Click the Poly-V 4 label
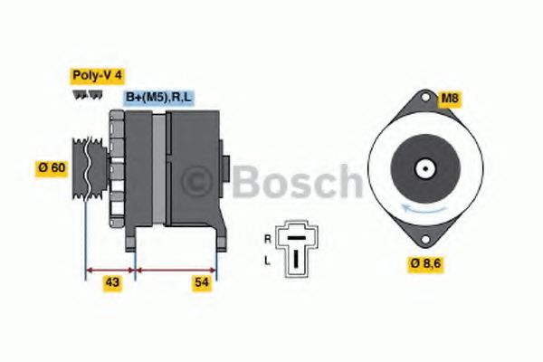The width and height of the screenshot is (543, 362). (x=96, y=78)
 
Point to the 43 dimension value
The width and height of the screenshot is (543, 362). (x=112, y=283)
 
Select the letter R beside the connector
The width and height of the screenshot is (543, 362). (x=267, y=238)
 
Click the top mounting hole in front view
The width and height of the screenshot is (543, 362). (x=423, y=99)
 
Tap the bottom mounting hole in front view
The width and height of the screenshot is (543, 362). (x=423, y=239)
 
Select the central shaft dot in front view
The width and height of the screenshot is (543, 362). (x=423, y=168)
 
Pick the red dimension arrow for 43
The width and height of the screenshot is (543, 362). (x=110, y=269)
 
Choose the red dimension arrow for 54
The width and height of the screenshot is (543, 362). (x=176, y=269)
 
